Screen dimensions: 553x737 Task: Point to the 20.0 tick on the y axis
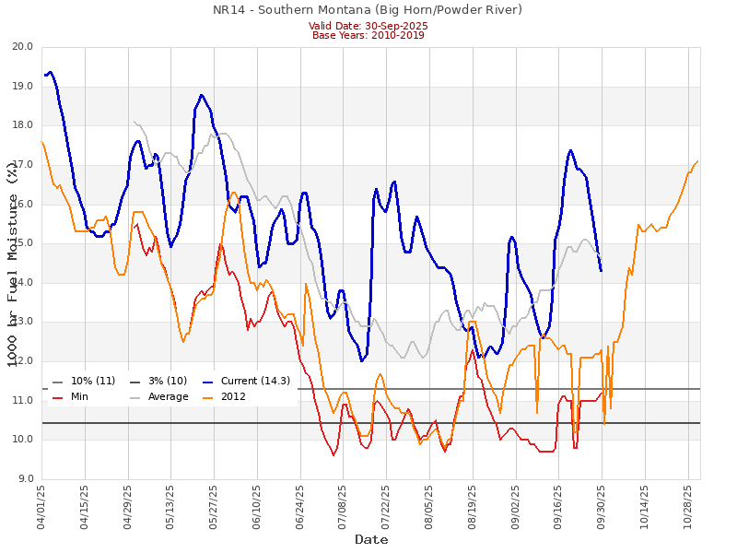[22, 47]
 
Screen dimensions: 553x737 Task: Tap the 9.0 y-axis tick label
[25, 478]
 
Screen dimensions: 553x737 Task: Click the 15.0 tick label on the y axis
[22, 243]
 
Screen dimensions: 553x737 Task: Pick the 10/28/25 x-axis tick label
[687, 506]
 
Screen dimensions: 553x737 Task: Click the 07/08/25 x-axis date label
[344, 506]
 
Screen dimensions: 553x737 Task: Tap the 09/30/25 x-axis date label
[602, 506]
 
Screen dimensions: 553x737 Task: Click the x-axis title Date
[371, 539]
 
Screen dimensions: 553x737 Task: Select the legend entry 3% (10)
[167, 382]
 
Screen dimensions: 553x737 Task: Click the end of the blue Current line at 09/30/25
[602, 271]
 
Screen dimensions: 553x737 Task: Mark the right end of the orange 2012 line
[698, 161]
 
